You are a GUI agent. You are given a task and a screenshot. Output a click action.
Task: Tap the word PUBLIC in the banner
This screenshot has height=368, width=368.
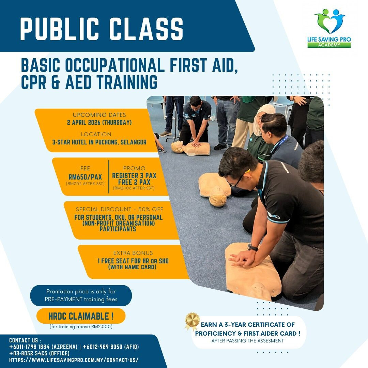pos(60,29)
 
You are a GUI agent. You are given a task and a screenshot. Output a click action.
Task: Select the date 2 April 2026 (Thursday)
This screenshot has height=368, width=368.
pos(99,123)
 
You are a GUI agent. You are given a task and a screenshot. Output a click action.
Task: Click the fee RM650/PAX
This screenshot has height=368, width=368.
pos(85,177)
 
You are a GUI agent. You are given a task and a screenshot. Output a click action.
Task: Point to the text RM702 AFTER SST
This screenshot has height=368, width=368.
pos(85,184)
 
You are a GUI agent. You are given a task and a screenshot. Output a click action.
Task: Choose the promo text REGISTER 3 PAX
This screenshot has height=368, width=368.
pos(134,175)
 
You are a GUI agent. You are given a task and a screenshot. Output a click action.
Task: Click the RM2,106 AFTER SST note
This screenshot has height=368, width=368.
pos(134,188)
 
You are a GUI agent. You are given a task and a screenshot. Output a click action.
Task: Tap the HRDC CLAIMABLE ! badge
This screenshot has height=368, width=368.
pos(81,316)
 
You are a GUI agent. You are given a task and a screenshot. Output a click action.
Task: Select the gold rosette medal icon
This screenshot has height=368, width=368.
pos(192,321)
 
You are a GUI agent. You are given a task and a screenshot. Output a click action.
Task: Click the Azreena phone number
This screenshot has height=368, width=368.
pos(43,347)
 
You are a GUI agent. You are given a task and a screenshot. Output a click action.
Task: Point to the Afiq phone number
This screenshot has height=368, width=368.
pos(111,347)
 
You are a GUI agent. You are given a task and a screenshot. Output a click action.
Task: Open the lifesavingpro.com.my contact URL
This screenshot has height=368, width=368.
pos(74,360)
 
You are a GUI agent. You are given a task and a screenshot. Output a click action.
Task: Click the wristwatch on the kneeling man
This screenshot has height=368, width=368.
pos(252,247)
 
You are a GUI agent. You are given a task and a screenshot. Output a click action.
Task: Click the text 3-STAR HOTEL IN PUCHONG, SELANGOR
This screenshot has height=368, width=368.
pos(99,142)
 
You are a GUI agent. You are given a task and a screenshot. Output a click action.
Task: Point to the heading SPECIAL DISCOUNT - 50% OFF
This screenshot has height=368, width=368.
pos(120,209)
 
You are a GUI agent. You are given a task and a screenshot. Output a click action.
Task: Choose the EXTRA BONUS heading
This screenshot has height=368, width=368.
pos(133,253)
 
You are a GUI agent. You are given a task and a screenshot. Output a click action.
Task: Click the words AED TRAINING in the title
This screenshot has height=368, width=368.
pos(111,82)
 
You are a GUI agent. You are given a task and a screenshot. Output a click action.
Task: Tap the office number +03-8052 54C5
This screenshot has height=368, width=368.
pos(40,353)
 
